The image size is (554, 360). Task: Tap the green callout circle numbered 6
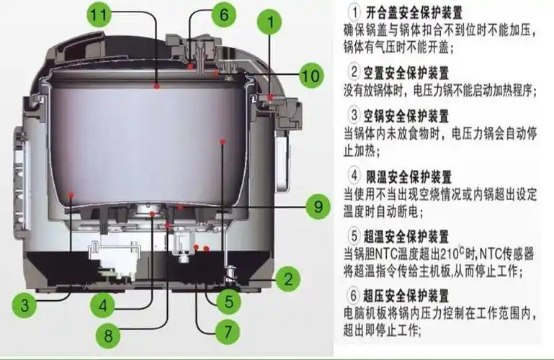(x=223, y=14)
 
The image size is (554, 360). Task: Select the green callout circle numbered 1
(x=271, y=22)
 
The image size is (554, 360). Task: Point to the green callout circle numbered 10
(x=310, y=74)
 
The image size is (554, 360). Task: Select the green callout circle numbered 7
(x=225, y=332)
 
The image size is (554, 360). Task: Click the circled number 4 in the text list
(x=354, y=176)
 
